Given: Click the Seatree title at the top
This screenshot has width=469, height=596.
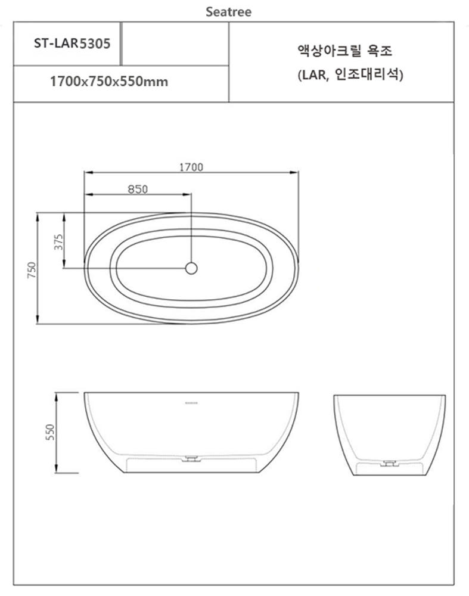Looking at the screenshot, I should [x=228, y=11].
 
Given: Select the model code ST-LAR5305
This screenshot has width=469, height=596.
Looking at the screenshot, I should [x=72, y=44].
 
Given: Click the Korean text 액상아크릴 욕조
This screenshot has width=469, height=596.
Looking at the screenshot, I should [x=345, y=51].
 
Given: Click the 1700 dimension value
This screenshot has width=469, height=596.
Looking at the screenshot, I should [x=191, y=167].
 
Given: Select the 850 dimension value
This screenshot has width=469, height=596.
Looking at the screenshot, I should [x=138, y=189].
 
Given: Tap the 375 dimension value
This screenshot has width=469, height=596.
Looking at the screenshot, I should [x=58, y=241].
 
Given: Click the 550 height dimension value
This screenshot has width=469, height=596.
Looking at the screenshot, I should [x=50, y=432].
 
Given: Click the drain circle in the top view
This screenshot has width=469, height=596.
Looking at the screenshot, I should [x=191, y=268].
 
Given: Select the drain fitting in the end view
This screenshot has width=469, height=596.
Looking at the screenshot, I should [x=390, y=462].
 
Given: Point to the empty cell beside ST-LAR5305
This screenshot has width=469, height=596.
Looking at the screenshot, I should [x=175, y=44].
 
